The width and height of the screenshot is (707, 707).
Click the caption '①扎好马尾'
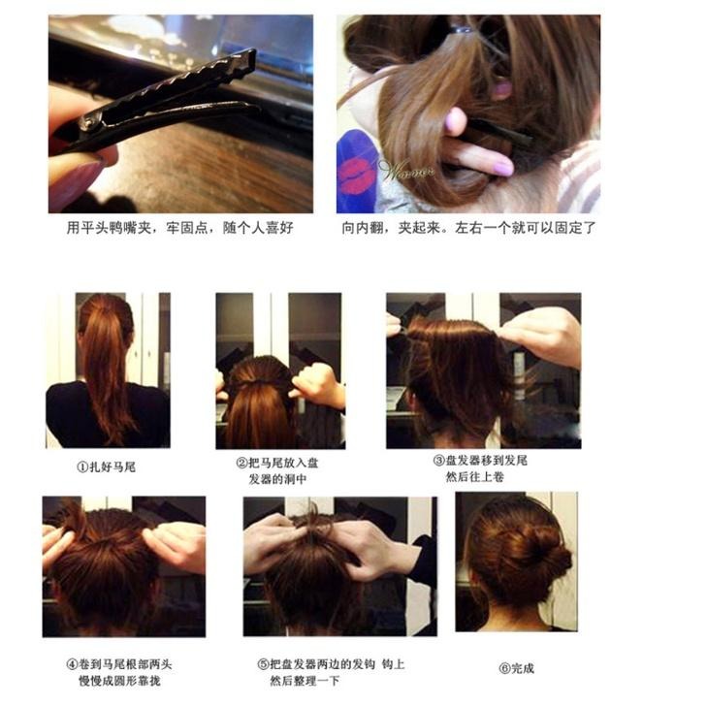tap(107, 467)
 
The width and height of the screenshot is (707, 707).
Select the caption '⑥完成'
tap(517, 668)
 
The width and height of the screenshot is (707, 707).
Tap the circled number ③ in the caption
tap(438, 461)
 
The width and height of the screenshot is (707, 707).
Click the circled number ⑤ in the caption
tap(264, 663)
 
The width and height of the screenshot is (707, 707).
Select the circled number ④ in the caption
tap(72, 663)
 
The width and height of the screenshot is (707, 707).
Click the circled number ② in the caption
tap(241, 463)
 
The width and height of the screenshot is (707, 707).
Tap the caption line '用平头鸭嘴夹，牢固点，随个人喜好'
tap(180, 228)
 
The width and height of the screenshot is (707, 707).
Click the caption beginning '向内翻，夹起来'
tap(469, 228)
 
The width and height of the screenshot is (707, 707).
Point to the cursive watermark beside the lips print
tap(405, 171)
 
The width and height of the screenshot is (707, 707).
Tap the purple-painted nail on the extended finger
tap(504, 168)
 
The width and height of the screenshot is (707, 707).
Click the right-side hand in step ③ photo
tap(541, 336)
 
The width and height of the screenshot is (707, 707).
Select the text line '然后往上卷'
tap(474, 476)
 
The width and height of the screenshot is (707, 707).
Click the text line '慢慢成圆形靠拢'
tap(120, 681)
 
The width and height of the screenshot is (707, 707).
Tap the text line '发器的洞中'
tap(277, 479)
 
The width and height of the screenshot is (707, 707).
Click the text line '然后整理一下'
tap(305, 681)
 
